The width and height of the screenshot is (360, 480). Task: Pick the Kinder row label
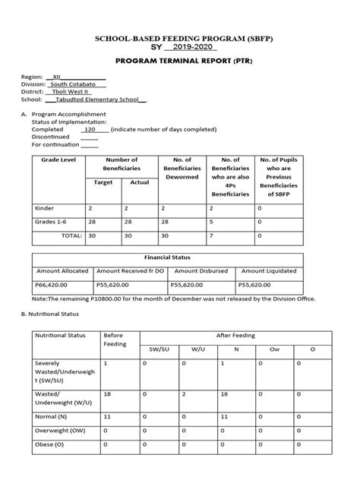click(45, 207)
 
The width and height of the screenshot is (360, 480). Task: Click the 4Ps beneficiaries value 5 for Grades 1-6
click(210, 222)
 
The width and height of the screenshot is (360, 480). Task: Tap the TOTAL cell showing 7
click(210, 235)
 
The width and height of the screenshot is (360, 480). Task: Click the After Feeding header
click(237, 334)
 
